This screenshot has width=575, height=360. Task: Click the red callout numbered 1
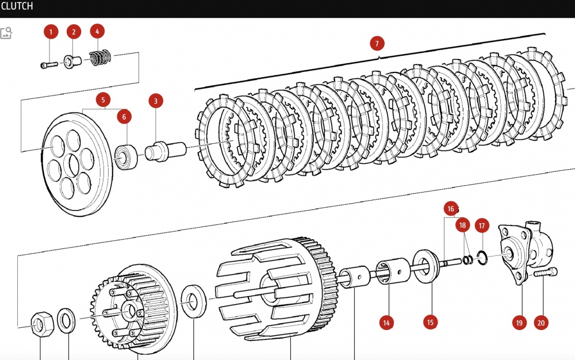[x=50, y=32]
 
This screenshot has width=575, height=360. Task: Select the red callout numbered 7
[x=377, y=44]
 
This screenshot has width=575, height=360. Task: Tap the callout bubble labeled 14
[x=386, y=323]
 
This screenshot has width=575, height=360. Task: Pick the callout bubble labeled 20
[x=540, y=323]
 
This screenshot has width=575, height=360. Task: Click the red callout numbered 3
[x=155, y=101]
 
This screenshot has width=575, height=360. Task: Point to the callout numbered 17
[x=482, y=226]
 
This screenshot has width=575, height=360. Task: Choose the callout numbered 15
[x=430, y=323]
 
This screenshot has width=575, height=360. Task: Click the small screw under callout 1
[x=49, y=65]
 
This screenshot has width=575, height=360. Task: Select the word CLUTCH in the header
[x=17, y=6]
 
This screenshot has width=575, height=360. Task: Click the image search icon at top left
[x=6, y=33]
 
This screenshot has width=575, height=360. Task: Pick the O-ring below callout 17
[x=482, y=256]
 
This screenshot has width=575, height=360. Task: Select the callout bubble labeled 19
[x=519, y=323]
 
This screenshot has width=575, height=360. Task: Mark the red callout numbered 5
[x=103, y=100]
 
